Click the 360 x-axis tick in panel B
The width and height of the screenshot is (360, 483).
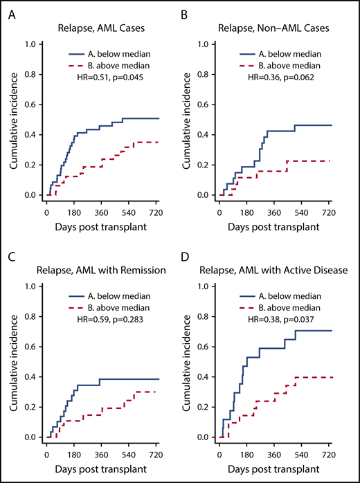point(273,212)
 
